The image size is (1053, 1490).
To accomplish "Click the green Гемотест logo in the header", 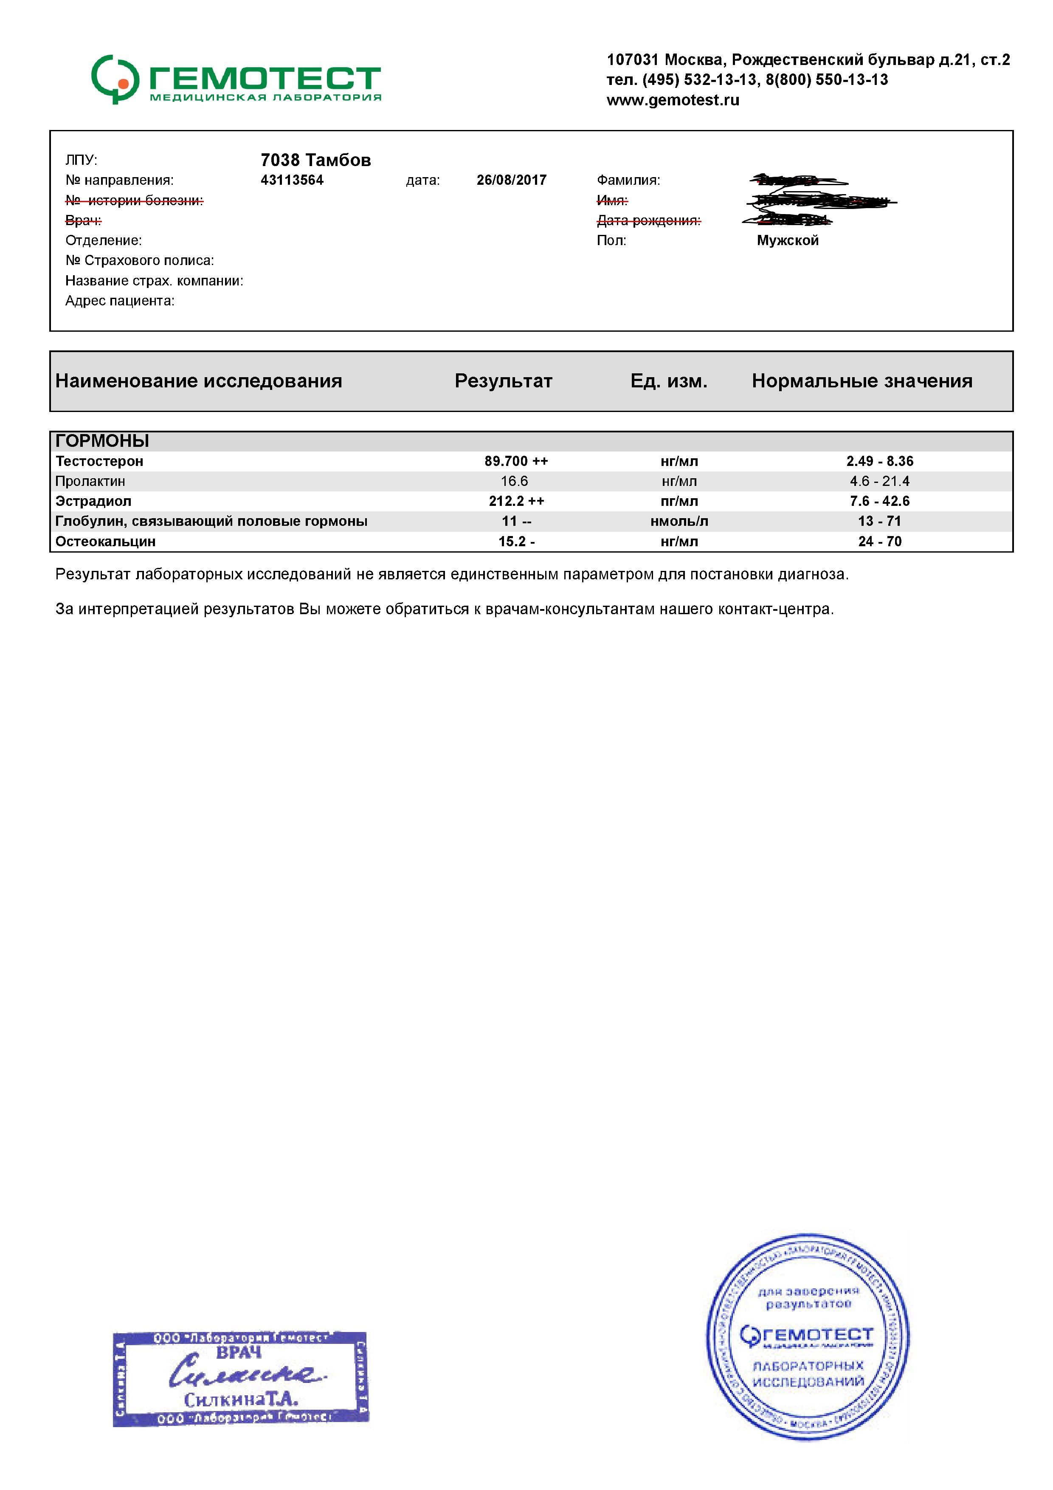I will [236, 80].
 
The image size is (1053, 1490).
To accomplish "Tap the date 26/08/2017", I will [511, 181].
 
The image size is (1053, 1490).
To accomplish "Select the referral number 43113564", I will [292, 181].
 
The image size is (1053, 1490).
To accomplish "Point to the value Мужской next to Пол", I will [787, 241].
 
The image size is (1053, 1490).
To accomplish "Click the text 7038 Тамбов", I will [315, 160].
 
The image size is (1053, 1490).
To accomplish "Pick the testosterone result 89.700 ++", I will [516, 461].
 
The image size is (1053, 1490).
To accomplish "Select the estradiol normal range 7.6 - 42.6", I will [879, 502].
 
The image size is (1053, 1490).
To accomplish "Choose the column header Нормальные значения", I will [862, 381].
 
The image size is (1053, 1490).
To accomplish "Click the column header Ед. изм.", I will [668, 381].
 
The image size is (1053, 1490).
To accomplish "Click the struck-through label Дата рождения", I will [648, 220].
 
